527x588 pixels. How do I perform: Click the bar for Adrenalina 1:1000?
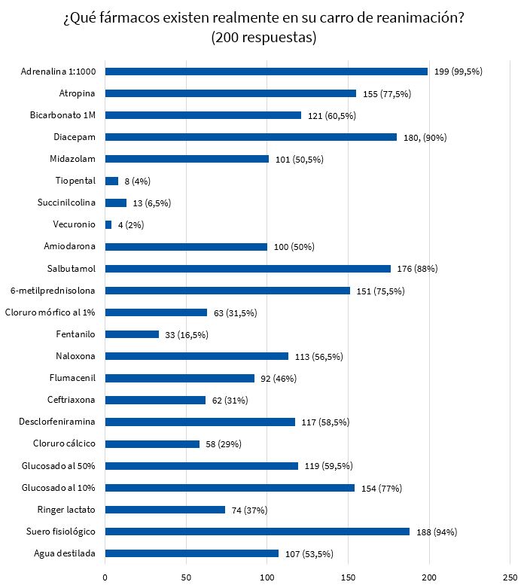click(x=267, y=72)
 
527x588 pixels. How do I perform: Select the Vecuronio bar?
click(x=108, y=224)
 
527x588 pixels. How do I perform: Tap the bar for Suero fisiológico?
click(x=257, y=532)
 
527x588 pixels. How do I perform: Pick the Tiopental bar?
click(x=111, y=181)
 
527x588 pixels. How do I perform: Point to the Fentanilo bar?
click(x=132, y=334)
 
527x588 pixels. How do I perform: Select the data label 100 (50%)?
click(x=294, y=247)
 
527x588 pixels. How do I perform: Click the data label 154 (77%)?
click(x=381, y=488)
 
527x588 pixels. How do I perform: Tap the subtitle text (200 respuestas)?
click(x=263, y=37)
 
